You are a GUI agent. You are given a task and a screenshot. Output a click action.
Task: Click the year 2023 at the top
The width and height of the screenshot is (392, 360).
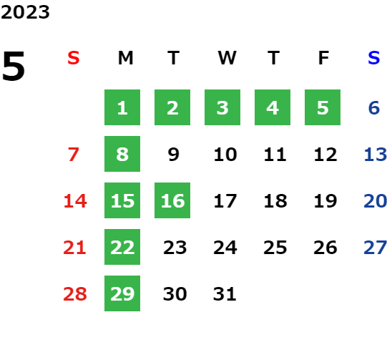coord(25,12)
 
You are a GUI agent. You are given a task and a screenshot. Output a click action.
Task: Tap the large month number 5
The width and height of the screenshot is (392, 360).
coord(14,66)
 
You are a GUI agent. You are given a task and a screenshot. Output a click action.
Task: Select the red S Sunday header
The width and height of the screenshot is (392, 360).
coord(74,58)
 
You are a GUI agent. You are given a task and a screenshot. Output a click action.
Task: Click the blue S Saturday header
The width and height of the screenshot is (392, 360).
coord(373,58)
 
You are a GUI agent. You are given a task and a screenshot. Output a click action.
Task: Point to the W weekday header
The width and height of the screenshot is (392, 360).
coord(227,58)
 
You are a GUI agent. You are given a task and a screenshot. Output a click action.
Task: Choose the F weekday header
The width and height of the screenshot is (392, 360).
coord(323,58)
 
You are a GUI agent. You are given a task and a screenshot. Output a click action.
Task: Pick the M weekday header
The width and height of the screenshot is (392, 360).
coord(125,58)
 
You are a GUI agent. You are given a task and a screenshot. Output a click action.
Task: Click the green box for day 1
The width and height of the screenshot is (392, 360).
coord(122,107)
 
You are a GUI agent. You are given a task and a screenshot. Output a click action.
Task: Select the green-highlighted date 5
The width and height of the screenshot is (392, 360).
coord(323,107)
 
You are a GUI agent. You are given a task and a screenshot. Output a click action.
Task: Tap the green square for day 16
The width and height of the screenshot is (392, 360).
coord(172,200)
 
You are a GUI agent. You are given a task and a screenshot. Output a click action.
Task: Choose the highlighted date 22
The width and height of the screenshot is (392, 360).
coord(122,247)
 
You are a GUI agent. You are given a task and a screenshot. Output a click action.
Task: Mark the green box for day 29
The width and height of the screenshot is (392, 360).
coord(122,293)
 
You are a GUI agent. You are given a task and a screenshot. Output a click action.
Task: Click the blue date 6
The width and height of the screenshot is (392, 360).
coord(374,108)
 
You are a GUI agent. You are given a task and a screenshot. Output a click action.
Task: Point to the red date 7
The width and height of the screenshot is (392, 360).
coord(74,155)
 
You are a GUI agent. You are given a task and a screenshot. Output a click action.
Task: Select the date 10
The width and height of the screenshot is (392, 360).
coord(225,155)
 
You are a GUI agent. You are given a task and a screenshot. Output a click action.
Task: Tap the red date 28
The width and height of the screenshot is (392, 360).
coord(75,294)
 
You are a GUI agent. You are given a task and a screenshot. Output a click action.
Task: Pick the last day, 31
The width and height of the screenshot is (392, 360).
coord(225,294)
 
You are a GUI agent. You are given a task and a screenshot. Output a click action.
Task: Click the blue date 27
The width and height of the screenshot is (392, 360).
coord(376,248)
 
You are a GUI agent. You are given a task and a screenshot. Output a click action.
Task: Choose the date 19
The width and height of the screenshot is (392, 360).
coord(325,201)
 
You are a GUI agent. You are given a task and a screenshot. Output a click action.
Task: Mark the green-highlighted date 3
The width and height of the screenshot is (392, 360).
coord(222,107)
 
